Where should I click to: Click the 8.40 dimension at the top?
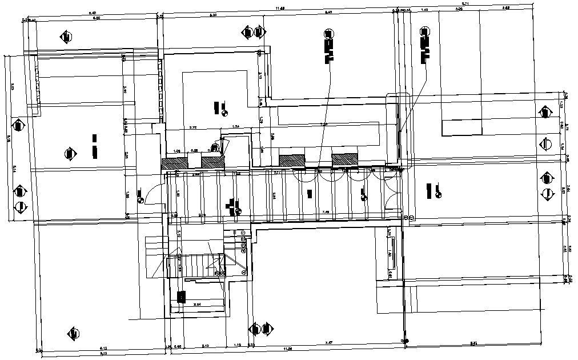tap(91, 12)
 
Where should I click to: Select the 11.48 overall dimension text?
tap(279, 8)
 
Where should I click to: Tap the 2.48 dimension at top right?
tap(505, 8)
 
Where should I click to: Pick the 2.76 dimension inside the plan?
tap(193, 127)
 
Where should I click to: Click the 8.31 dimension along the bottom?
tap(473, 343)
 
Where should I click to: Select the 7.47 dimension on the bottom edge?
tap(329, 343)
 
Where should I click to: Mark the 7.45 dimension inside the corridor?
tap(325, 212)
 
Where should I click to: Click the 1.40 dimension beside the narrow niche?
tap(390, 254)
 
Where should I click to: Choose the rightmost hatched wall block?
tap(344, 159)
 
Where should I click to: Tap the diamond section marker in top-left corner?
tap(66, 37)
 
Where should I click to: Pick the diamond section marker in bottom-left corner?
tap(72, 333)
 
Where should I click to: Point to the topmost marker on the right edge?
tap(545, 112)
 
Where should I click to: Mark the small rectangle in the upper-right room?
tap(461, 127)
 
